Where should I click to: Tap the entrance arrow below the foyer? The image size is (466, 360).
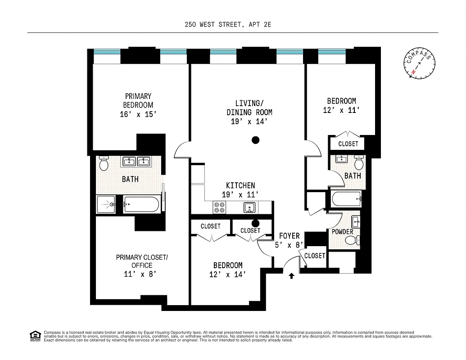[291, 276]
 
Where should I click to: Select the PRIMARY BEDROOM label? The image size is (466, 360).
[138, 100]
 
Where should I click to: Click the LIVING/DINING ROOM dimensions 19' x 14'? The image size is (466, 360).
[249, 121]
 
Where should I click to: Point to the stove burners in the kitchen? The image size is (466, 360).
[219, 207]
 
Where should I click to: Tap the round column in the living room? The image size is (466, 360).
[256, 140]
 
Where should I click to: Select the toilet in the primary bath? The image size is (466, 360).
[104, 164]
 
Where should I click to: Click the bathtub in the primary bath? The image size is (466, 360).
[141, 205]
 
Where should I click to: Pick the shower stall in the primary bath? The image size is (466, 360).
[106, 205]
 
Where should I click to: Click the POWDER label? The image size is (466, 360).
[343, 232]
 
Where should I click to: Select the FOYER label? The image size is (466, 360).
[290, 236]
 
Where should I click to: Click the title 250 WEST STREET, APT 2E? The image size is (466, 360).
[228, 25]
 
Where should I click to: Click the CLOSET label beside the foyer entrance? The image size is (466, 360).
[315, 256]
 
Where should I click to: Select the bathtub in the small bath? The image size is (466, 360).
[346, 198]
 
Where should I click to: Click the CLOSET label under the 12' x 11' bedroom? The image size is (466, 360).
[348, 144]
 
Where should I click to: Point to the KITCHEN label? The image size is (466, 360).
[240, 185]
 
